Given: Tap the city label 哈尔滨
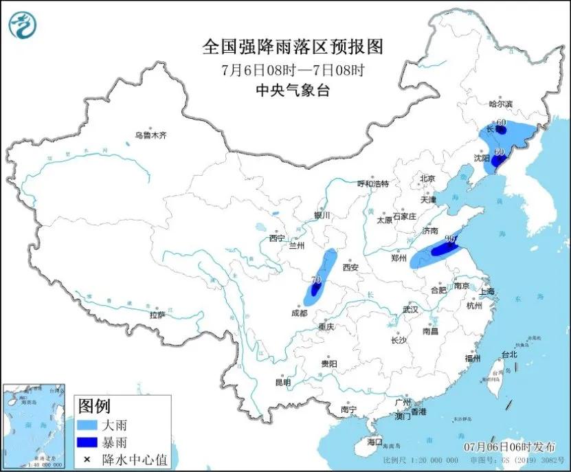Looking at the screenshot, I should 501,104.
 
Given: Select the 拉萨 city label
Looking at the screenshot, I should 157,315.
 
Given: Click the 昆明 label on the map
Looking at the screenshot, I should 282,382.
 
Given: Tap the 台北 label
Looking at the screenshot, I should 508,355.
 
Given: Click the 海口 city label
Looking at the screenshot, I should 374,441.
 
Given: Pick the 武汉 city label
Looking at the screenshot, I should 411,309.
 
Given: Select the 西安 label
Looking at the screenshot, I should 351,267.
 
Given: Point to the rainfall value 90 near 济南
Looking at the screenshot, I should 451,239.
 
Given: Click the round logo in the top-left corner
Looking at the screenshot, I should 23,25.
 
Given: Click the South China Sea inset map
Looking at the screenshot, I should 34,425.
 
